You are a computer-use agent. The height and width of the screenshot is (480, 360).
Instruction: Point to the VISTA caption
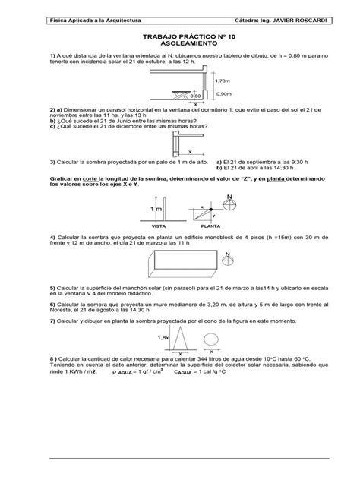[x=160, y=226]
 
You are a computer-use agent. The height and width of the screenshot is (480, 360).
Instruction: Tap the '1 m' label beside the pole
[x=156, y=207]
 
